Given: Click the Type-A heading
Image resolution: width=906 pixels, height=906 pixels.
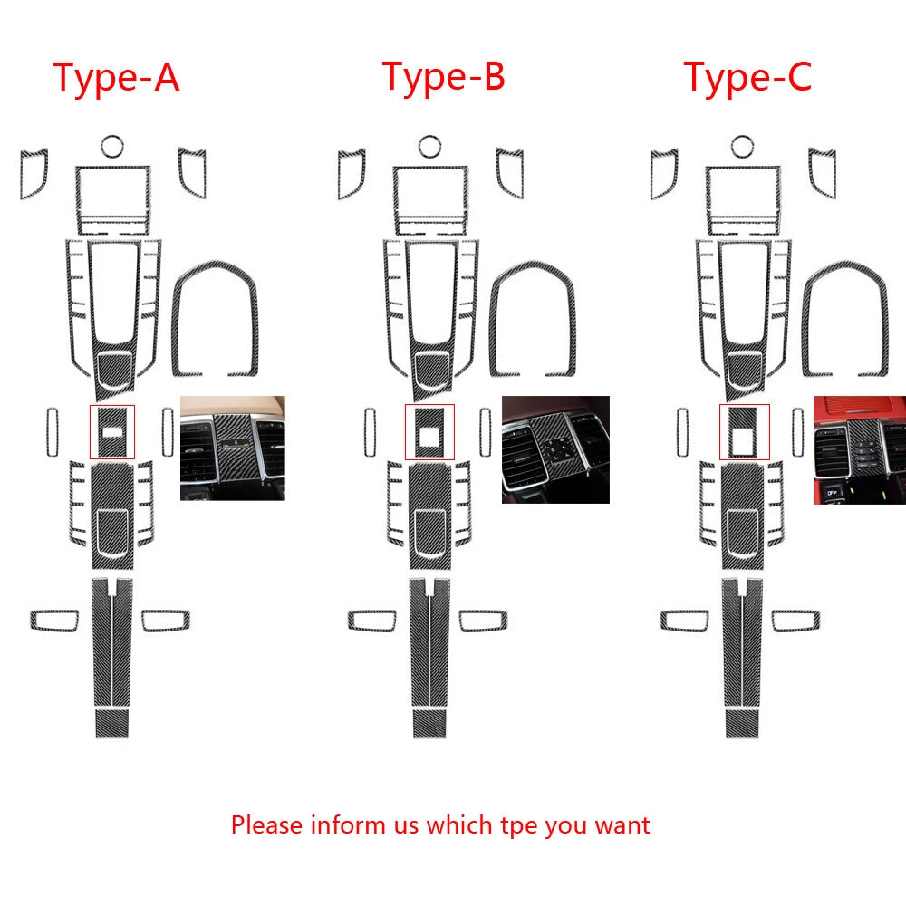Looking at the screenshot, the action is (116, 78).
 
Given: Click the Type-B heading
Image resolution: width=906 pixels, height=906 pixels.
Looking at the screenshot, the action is (444, 77).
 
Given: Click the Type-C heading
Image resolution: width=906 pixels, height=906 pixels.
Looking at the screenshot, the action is (747, 77).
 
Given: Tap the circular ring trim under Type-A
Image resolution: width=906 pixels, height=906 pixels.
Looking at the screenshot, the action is (112, 138).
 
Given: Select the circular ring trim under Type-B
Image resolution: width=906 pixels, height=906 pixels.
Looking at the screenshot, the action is (429, 138).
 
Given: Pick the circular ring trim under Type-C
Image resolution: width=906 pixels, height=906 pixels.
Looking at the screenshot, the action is (743, 138).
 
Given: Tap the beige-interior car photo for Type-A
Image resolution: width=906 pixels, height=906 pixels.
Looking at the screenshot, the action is (232, 448).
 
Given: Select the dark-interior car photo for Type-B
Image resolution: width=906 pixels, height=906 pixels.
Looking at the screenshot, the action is (555, 449).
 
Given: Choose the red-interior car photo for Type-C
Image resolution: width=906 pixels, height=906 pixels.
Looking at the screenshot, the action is (859, 449).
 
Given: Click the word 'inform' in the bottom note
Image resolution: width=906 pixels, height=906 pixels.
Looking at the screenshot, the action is (348, 824).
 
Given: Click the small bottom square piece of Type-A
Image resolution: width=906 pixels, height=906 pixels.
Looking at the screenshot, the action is (112, 723).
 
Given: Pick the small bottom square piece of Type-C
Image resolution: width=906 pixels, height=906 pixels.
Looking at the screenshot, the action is (743, 723).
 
